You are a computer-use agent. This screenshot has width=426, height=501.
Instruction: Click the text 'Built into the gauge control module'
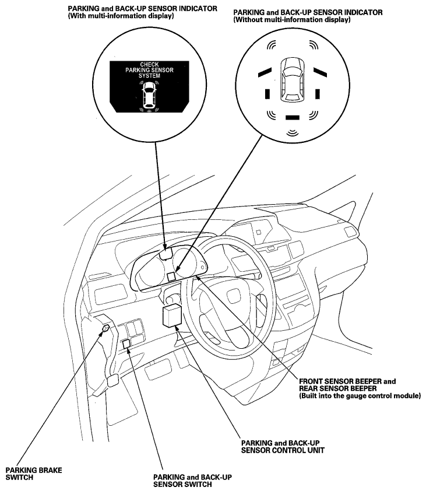tap(360, 396)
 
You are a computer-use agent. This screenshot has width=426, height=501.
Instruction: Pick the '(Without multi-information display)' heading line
tap(291, 20)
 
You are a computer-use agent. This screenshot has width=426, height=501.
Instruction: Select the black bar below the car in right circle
tap(291, 117)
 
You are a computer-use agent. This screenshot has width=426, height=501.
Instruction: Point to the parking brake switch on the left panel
tap(105, 330)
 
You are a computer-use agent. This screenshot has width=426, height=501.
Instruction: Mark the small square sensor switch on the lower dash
tap(126, 344)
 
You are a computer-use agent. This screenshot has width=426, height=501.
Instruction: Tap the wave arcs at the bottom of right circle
tap(291, 134)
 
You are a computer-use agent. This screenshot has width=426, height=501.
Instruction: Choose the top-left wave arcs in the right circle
tap(270, 46)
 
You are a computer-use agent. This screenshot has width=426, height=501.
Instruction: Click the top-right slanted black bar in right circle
tap(318, 72)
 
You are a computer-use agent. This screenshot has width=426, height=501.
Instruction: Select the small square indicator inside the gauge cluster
tap(171, 276)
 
